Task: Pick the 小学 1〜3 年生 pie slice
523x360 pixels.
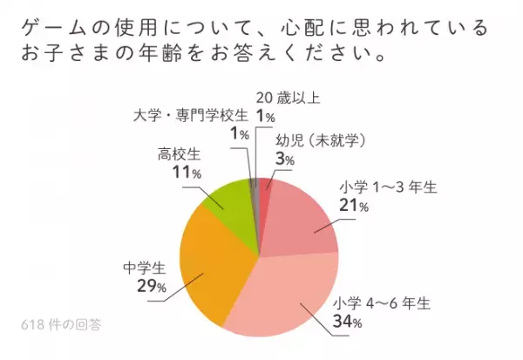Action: pos(301,218)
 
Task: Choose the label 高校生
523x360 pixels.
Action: pos(180,154)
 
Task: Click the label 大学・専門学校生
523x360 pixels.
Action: pos(191,114)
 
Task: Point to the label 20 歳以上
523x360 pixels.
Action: pos(289,97)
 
